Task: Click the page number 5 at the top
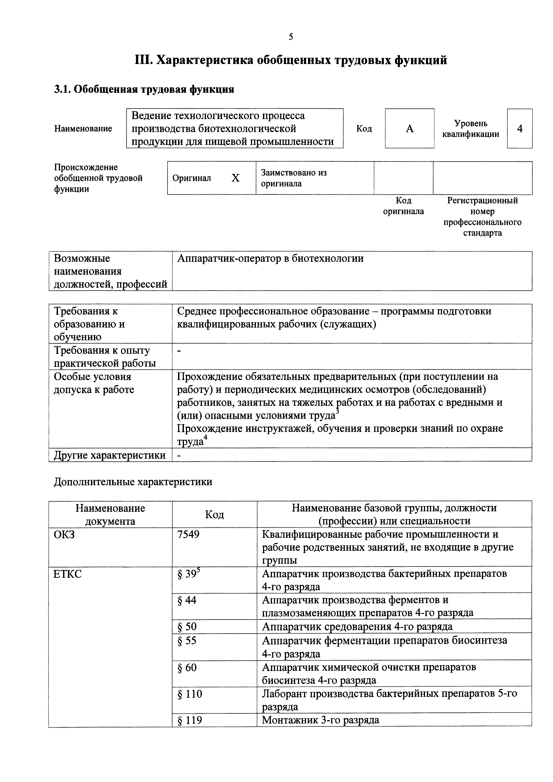(x=290, y=37)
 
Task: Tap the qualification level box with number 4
(x=519, y=129)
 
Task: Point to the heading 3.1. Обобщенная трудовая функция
(x=144, y=90)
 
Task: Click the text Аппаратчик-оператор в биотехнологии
(x=270, y=258)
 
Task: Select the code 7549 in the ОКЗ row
(x=188, y=534)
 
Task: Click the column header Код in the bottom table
(x=214, y=514)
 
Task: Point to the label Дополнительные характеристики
(x=133, y=482)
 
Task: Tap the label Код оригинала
(x=403, y=206)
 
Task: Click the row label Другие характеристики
(x=110, y=455)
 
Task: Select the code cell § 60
(x=187, y=668)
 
